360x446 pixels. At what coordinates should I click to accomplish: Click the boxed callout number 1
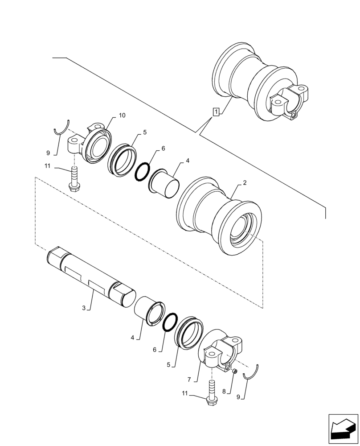tap(216, 111)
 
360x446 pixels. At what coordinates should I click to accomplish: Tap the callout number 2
tap(245, 183)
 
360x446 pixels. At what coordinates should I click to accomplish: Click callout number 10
tap(122, 116)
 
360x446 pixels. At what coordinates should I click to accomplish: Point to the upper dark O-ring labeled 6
tap(143, 170)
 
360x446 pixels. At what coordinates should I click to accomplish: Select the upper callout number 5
tap(145, 132)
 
